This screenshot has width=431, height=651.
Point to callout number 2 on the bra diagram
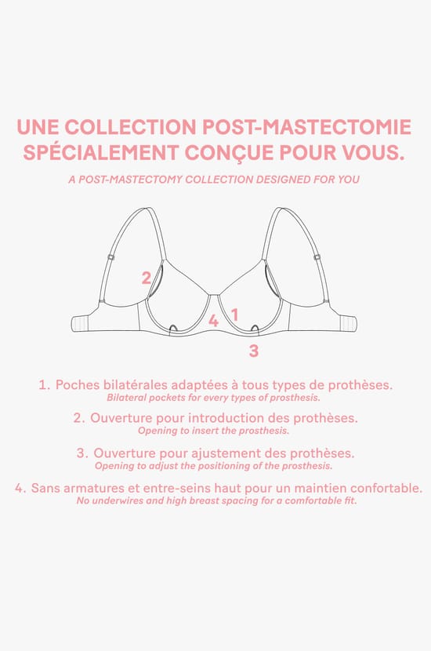[146, 277]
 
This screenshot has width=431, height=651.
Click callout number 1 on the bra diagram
[234, 315]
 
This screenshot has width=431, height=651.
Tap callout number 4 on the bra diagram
[213, 321]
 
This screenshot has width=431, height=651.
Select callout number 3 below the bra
[253, 351]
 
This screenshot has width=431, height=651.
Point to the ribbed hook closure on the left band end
[81, 324]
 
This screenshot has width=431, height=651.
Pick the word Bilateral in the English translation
[126, 398]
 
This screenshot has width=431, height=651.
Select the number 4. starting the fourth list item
[20, 488]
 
